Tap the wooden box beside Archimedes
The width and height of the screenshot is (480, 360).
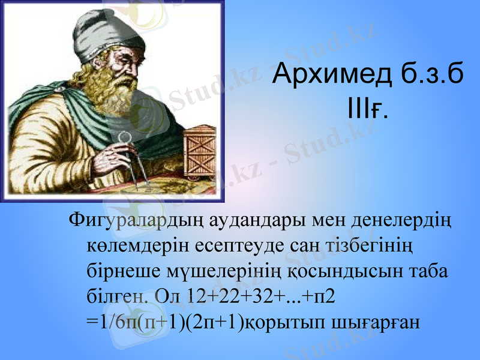pos(199,153)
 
